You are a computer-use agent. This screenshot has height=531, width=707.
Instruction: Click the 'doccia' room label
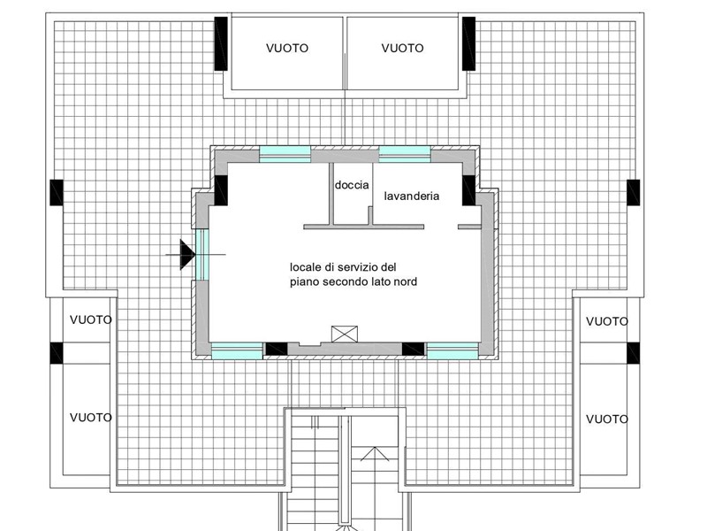tap(352, 185)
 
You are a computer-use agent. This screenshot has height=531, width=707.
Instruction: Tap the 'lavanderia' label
tap(412, 196)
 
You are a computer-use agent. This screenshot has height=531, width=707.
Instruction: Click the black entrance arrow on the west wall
tap(187, 254)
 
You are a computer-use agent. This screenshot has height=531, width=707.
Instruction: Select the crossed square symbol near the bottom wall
tap(345, 335)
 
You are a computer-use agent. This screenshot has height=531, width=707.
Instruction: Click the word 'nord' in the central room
tap(406, 281)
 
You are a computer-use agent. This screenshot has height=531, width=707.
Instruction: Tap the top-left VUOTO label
tap(287, 49)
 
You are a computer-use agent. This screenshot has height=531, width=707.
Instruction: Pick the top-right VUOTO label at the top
tap(403, 49)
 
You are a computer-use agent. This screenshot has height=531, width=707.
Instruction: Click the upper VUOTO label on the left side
tap(91, 320)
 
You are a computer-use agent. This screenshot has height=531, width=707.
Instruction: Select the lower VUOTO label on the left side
tap(91, 418)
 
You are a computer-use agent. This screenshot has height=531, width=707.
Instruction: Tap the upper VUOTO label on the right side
tap(607, 321)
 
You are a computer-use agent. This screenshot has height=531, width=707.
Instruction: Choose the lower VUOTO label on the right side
tap(607, 419)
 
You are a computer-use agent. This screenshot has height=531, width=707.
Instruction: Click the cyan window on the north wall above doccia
tap(285, 154)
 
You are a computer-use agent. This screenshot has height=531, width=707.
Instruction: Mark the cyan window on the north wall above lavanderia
tap(405, 154)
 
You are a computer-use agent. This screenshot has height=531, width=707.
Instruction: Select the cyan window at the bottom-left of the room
tap(237, 350)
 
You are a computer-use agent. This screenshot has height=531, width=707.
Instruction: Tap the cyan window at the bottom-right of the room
tap(452, 350)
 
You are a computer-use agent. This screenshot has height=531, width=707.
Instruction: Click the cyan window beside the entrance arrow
tap(202, 254)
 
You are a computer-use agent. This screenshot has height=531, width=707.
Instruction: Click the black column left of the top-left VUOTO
tap(220, 43)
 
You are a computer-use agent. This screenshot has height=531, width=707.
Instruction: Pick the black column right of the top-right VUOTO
tap(469, 43)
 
